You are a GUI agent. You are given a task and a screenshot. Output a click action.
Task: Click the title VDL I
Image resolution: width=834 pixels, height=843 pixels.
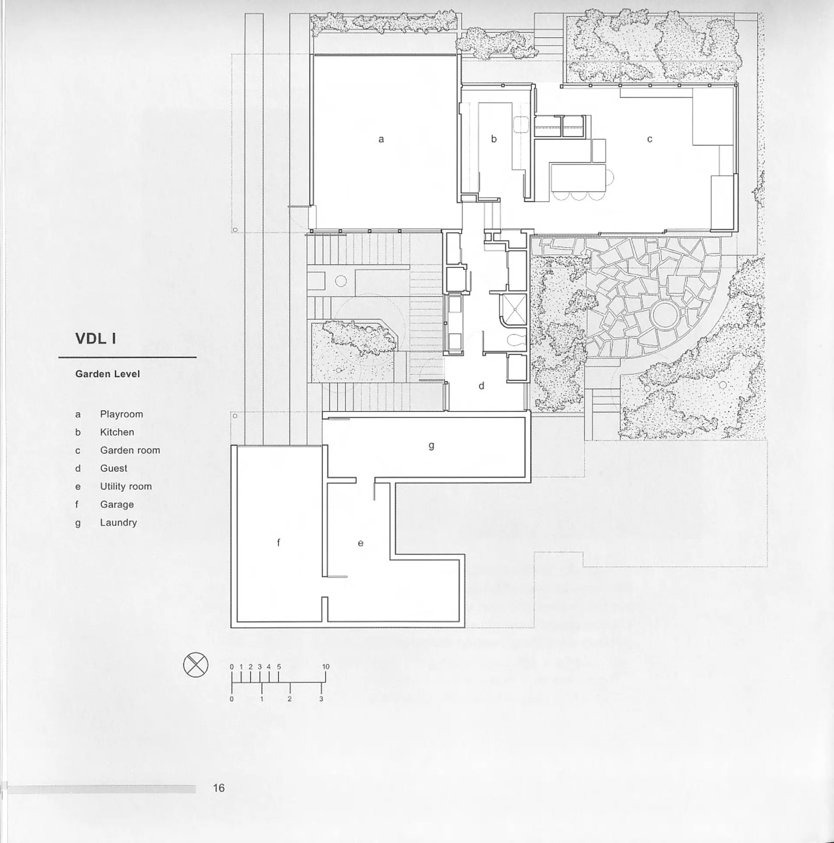pos(96,338)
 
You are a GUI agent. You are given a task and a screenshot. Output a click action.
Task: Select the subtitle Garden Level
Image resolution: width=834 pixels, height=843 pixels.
pos(107,374)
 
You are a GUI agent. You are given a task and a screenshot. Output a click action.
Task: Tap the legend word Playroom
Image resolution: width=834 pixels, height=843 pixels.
pos(121,414)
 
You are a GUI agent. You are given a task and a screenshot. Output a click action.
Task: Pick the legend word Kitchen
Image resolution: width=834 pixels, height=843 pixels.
pos(117,432)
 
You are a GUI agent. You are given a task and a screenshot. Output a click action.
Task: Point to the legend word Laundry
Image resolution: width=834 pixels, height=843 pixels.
pos(118,522)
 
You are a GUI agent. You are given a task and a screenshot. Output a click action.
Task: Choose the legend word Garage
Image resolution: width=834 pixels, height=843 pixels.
pos(117,505)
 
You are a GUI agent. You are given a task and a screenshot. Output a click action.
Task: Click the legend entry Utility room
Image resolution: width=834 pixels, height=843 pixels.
pos(126,486)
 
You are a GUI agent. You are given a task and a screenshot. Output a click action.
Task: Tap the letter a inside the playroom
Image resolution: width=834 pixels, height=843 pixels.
pos(381,139)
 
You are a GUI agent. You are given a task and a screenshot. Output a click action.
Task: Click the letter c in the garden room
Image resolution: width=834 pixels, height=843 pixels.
pos(649,139)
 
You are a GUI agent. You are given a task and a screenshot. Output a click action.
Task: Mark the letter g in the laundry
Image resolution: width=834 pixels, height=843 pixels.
pos(431,445)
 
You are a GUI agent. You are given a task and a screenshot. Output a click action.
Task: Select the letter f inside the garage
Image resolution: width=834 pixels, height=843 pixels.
pos(278,543)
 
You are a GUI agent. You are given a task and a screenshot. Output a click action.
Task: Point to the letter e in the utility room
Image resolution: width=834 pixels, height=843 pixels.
pos(360,543)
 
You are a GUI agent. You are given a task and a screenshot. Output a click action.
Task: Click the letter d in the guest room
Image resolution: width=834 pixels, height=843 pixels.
pos(481,386)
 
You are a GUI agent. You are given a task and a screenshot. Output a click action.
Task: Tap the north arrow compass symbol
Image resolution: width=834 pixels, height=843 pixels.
pos(196,665)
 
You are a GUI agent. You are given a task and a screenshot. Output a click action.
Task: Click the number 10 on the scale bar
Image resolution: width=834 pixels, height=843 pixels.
pos(326,667)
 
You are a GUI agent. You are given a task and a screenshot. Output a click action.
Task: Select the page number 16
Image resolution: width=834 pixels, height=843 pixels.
pos(219,787)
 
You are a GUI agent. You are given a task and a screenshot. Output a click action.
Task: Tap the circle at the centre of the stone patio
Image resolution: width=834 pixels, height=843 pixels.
pos(664,314)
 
